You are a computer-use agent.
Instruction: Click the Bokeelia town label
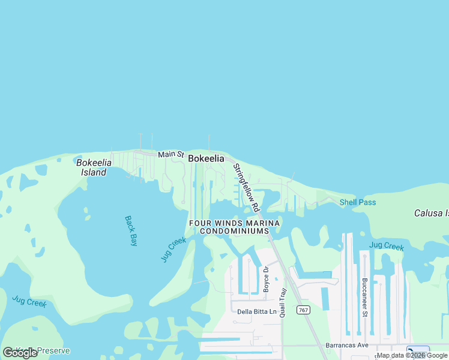(206, 158)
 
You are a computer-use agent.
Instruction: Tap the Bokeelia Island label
(91, 167)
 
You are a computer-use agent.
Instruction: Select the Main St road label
(170, 154)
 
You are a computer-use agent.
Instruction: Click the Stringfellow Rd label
(246, 188)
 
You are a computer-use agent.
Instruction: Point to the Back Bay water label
(131, 231)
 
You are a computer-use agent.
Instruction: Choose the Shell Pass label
(358, 202)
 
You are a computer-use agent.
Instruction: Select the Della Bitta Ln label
(257, 311)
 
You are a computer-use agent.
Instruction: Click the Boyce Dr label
(266, 279)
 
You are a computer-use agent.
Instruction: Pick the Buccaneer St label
(364, 296)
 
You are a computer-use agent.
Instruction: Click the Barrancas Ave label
(347, 346)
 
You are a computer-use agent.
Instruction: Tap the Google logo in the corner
(20, 353)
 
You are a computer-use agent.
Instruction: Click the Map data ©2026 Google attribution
(412, 355)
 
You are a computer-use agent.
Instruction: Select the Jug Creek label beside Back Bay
(173, 249)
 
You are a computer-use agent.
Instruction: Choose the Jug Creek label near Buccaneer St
(387, 246)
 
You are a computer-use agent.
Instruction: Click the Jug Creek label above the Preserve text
(29, 302)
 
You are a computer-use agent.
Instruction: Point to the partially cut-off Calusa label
(431, 213)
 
